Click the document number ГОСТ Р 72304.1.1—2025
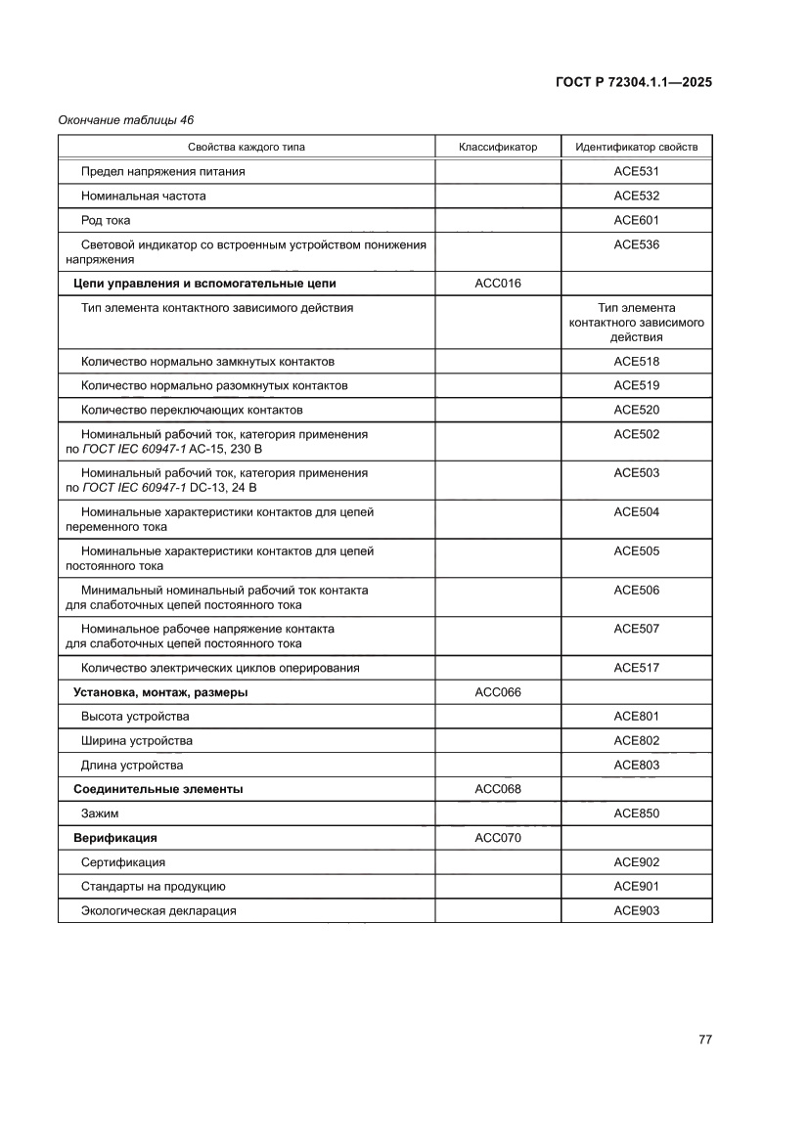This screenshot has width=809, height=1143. [633, 82]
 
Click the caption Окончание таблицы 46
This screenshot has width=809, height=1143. [125, 120]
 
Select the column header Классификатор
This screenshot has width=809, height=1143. [498, 148]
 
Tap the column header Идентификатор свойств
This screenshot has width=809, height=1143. [636, 148]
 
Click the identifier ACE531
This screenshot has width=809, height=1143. [636, 171]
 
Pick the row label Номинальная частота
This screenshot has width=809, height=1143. [143, 196]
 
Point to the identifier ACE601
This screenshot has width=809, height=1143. [636, 220]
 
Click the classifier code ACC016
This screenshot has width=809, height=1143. [498, 284]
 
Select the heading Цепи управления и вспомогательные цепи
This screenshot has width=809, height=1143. [204, 284]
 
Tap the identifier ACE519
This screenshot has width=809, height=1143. [636, 385]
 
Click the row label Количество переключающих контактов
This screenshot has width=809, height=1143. [192, 410]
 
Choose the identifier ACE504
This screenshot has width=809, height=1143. [636, 512]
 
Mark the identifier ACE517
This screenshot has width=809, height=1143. [636, 668]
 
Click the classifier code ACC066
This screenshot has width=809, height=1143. [498, 692]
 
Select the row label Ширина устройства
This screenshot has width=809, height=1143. [137, 741]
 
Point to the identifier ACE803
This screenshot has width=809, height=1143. [636, 765]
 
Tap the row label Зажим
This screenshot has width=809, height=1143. [100, 813]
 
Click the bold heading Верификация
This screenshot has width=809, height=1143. [115, 838]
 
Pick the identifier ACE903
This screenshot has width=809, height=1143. [636, 910]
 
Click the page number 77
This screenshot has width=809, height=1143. [704, 1038]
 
